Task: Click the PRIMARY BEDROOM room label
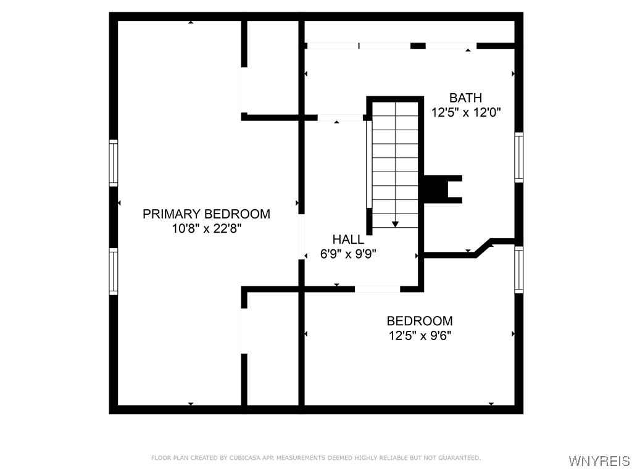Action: (x=206, y=214)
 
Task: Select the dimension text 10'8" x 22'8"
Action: (x=206, y=229)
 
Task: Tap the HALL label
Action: (x=348, y=239)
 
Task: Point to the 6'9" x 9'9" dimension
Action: (x=348, y=254)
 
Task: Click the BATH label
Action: (x=465, y=98)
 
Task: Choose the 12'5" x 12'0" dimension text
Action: (x=465, y=112)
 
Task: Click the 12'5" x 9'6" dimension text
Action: (x=419, y=336)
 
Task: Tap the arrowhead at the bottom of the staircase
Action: (x=395, y=224)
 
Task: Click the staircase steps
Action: (x=395, y=167)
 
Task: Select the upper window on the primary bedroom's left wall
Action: (x=114, y=163)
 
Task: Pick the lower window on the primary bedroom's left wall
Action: (x=114, y=271)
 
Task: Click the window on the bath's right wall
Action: (x=518, y=158)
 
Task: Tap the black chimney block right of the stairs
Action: (x=439, y=189)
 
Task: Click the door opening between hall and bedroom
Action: (x=377, y=289)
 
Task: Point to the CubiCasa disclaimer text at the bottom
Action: (x=315, y=458)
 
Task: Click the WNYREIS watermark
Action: (x=599, y=461)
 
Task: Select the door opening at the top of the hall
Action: (x=340, y=117)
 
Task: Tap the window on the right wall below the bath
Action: (x=518, y=269)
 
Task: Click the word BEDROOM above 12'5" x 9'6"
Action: (x=419, y=321)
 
